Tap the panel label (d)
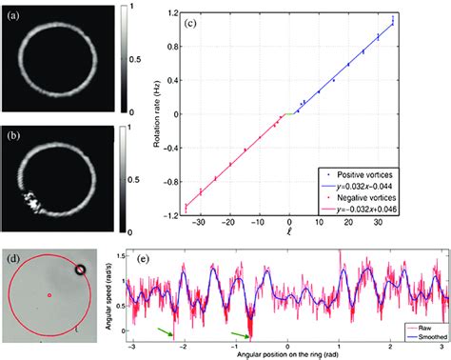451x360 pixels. pos(11,255)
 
